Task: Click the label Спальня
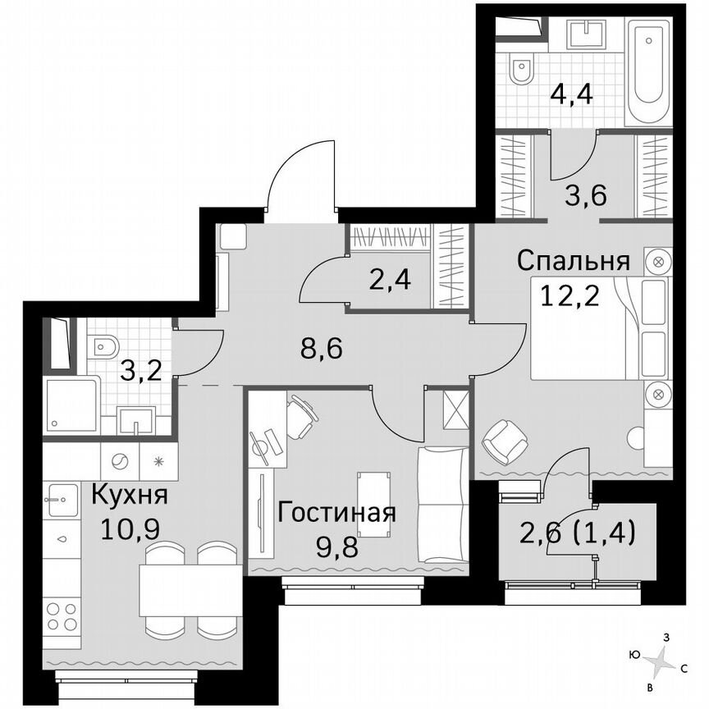[573, 262]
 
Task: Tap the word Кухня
[129, 496]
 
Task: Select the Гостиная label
[337, 514]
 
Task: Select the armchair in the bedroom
[502, 441]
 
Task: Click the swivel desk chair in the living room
[300, 417]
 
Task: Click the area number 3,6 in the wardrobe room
[584, 198]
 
